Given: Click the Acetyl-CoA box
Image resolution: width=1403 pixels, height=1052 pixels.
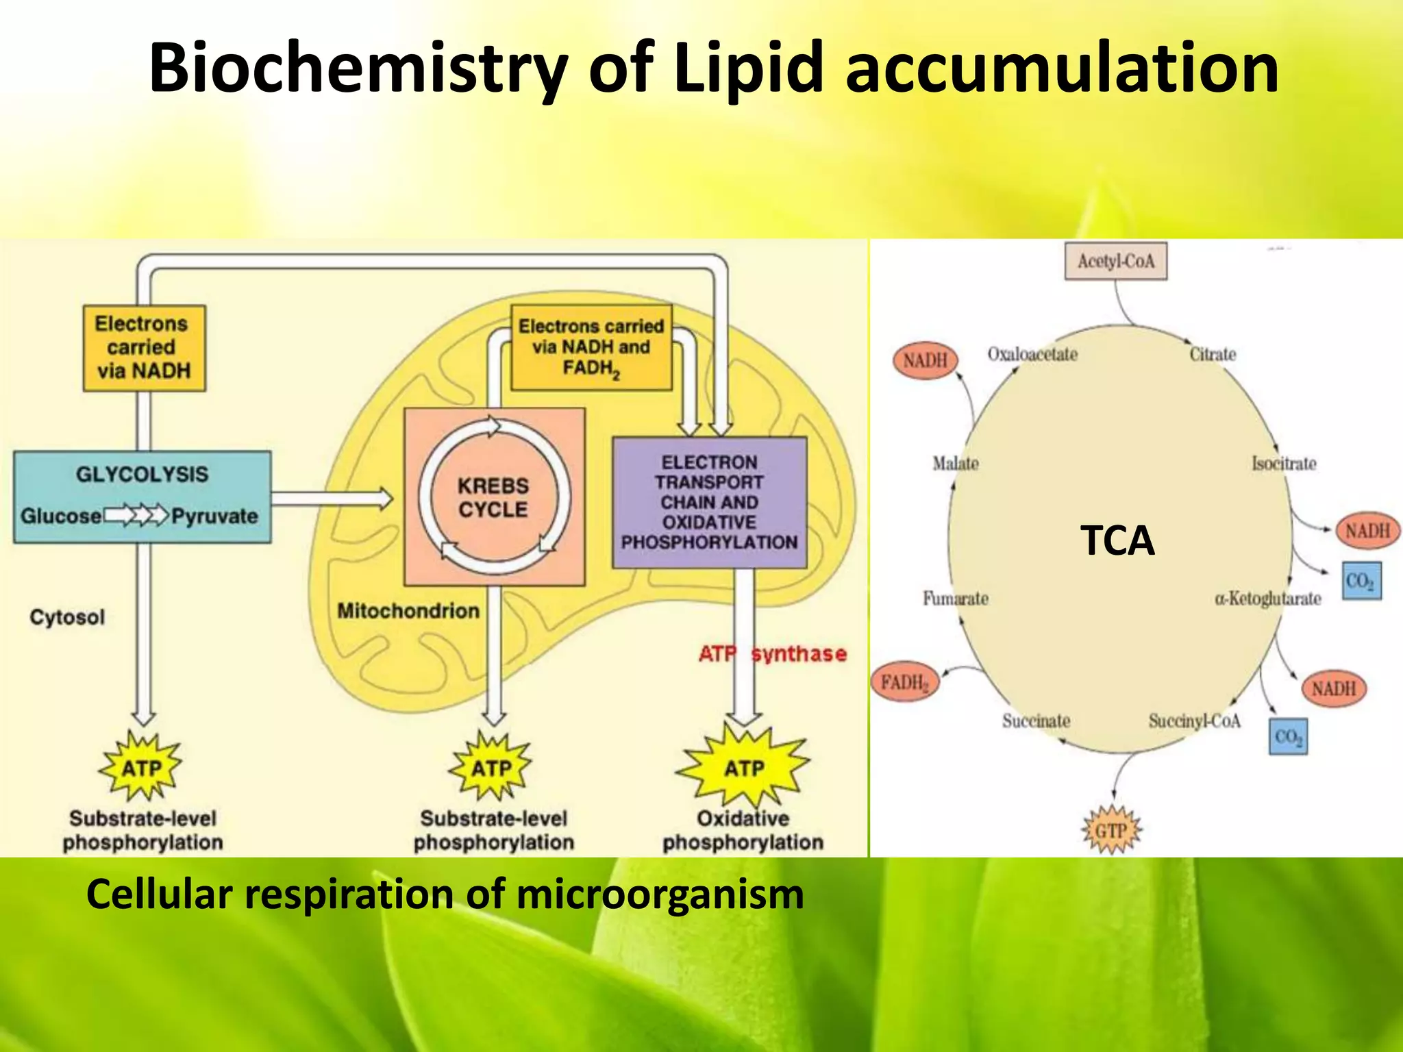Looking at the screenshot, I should tap(1115, 261).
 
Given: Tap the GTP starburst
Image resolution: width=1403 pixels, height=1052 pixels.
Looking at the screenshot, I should tap(1110, 831).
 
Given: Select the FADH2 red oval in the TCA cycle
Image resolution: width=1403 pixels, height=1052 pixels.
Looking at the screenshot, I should tap(904, 682).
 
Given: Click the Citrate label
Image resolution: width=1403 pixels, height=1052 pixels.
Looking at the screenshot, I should tap(1213, 354).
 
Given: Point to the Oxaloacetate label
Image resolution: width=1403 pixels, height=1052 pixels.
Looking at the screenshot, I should tap(1032, 354).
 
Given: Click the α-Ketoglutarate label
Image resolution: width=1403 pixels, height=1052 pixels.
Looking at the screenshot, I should tap(1267, 599).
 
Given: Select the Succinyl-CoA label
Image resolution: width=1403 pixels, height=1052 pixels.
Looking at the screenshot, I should tap(1194, 721).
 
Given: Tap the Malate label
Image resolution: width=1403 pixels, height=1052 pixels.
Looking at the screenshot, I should tap(955, 464).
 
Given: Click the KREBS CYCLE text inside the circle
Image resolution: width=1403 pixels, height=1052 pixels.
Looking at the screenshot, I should tap(493, 498).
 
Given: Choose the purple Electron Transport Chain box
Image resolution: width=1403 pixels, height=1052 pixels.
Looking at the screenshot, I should tap(709, 502).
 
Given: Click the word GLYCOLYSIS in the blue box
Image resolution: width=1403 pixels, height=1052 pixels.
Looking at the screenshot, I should tap(142, 474).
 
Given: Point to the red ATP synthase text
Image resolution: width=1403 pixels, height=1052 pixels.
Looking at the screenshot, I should tap(772, 653).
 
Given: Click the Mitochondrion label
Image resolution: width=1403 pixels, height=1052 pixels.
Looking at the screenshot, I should tap(408, 610).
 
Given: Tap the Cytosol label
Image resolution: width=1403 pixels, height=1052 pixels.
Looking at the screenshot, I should tap(67, 617).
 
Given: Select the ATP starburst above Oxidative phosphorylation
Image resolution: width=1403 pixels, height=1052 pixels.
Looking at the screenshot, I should tap(743, 768).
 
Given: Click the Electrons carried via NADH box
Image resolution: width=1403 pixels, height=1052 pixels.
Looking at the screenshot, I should tap(144, 347).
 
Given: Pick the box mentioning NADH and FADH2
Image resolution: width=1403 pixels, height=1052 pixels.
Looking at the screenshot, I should tap(591, 347).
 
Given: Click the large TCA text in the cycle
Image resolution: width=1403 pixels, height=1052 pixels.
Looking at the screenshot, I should tap(1117, 540).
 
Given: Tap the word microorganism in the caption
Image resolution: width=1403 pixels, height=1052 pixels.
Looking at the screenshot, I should tap(660, 894).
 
